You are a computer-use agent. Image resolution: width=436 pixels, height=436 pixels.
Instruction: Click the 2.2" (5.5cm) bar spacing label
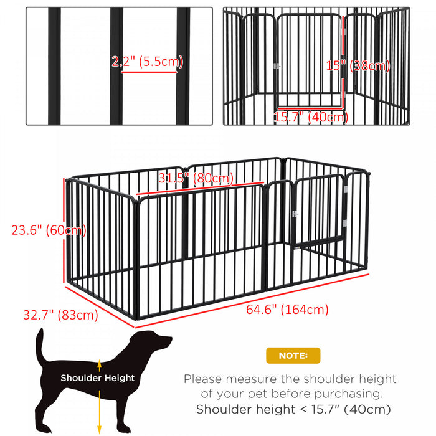pyautogui.click(x=148, y=62)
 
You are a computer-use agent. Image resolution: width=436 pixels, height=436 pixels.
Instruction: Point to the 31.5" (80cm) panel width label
pyautogui.click(x=196, y=178)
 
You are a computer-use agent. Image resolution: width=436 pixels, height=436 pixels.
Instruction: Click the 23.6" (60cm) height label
pyautogui.click(x=49, y=230)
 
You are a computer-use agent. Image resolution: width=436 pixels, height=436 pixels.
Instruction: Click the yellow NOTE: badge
pyautogui.click(x=293, y=356)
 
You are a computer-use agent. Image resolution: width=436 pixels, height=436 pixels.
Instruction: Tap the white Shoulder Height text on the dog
pyautogui.click(x=97, y=377)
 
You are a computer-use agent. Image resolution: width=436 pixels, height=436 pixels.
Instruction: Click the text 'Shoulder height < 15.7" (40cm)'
pyautogui.click(x=293, y=409)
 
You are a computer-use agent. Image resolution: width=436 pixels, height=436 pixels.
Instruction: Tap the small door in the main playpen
pyautogui.click(x=318, y=211)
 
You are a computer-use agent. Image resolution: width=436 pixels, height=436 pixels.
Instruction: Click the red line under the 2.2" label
pyautogui.click(x=149, y=72)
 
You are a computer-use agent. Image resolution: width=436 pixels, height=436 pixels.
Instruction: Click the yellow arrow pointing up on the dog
pyautogui.click(x=98, y=364)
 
